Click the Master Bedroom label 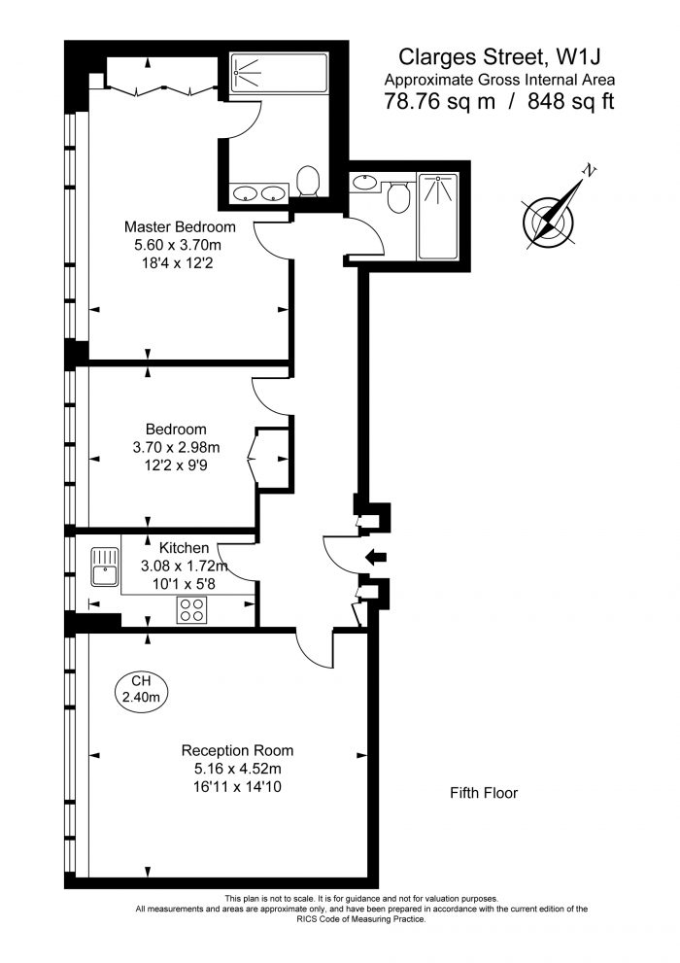[x=180, y=226]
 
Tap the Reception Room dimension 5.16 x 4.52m [x=237, y=769]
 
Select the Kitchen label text [x=185, y=548]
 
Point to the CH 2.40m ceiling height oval [x=141, y=688]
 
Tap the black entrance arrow [x=376, y=557]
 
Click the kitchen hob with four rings [x=190, y=610]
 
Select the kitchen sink [x=104, y=567]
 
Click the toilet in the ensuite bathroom [x=308, y=182]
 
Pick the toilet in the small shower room [x=398, y=195]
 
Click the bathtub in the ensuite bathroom [x=279, y=73]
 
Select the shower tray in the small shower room [x=437, y=216]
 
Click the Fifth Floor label [x=484, y=793]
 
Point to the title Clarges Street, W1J [x=499, y=56]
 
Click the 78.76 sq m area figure [x=439, y=101]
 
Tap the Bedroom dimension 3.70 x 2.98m [x=176, y=447]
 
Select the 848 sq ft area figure [x=571, y=101]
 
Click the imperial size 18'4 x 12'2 [x=178, y=263]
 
